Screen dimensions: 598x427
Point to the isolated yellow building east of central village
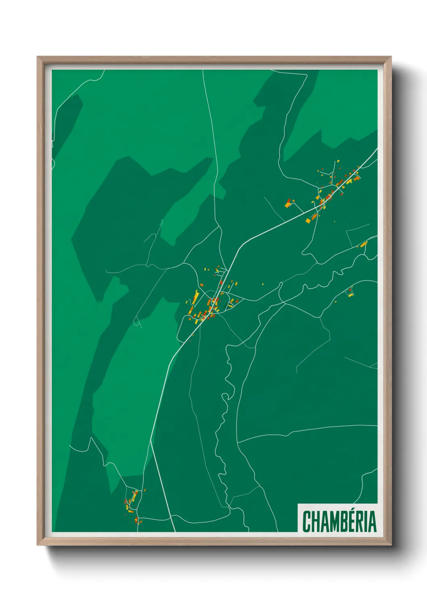point(263,284)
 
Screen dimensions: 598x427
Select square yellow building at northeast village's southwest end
point(308,221)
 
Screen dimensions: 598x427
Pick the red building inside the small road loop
point(350,290)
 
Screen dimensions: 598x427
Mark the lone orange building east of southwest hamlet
point(145,490)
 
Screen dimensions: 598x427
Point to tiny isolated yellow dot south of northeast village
point(335,221)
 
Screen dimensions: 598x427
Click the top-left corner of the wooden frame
point(38,57)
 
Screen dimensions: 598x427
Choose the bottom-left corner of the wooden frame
point(38,545)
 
